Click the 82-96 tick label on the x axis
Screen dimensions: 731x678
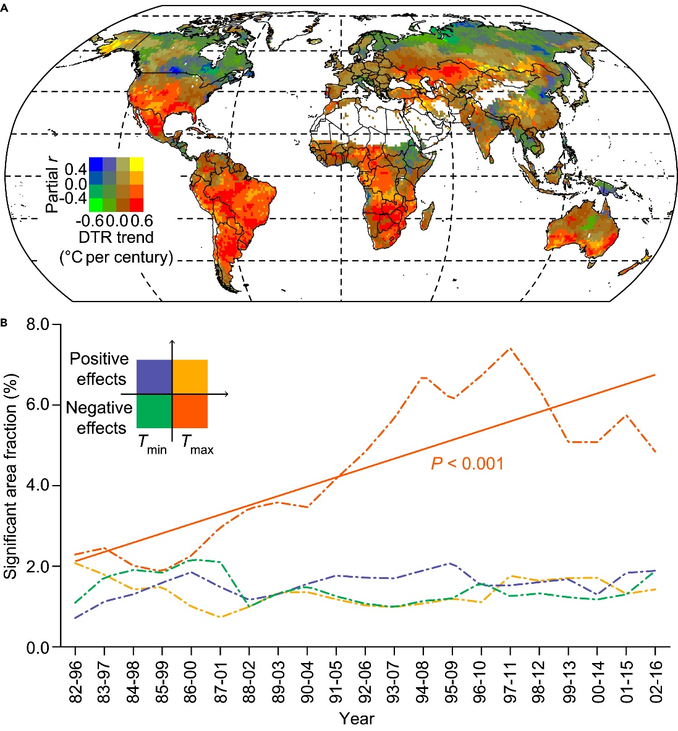click(x=75, y=679)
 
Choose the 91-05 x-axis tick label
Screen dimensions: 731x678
click(x=336, y=679)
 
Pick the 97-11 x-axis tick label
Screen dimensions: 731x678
click(x=510, y=679)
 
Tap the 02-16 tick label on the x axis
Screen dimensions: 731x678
click(x=655, y=679)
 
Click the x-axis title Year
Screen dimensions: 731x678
click(x=356, y=719)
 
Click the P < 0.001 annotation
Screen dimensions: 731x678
click(x=467, y=463)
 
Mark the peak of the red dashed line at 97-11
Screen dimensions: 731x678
click(x=510, y=349)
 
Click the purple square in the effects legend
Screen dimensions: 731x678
click(x=153, y=376)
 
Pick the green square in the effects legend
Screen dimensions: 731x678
click(x=153, y=411)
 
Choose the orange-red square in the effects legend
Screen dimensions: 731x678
click(x=190, y=411)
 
